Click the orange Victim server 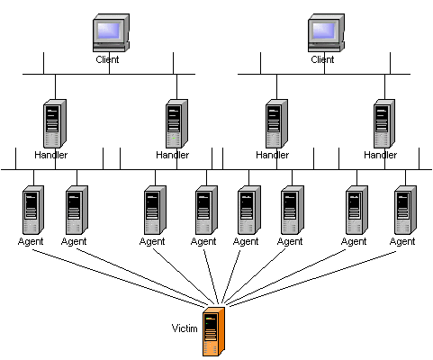click(213, 331)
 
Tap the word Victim click(185, 328)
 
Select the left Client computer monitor click(111, 32)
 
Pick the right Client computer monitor click(326, 32)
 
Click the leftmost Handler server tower click(55, 123)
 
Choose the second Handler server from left click(177, 123)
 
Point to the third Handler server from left click(276, 123)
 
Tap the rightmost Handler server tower click(384, 123)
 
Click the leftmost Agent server click(33, 210)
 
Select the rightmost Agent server click(405, 210)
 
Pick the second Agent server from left click(77, 210)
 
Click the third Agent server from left click(155, 210)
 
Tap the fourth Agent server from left click(206, 210)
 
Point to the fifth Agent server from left click(249, 210)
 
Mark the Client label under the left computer click(107, 59)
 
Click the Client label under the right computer click(322, 59)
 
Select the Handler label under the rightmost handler click(380, 155)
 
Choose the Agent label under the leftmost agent click(31, 241)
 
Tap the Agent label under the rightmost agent click(402, 241)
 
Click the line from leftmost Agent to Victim click(118, 278)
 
